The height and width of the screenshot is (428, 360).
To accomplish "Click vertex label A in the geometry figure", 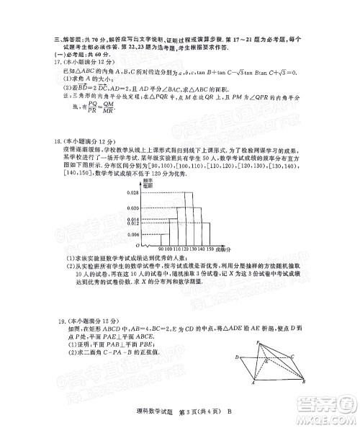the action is pyautogui.click(x=253, y=384).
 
